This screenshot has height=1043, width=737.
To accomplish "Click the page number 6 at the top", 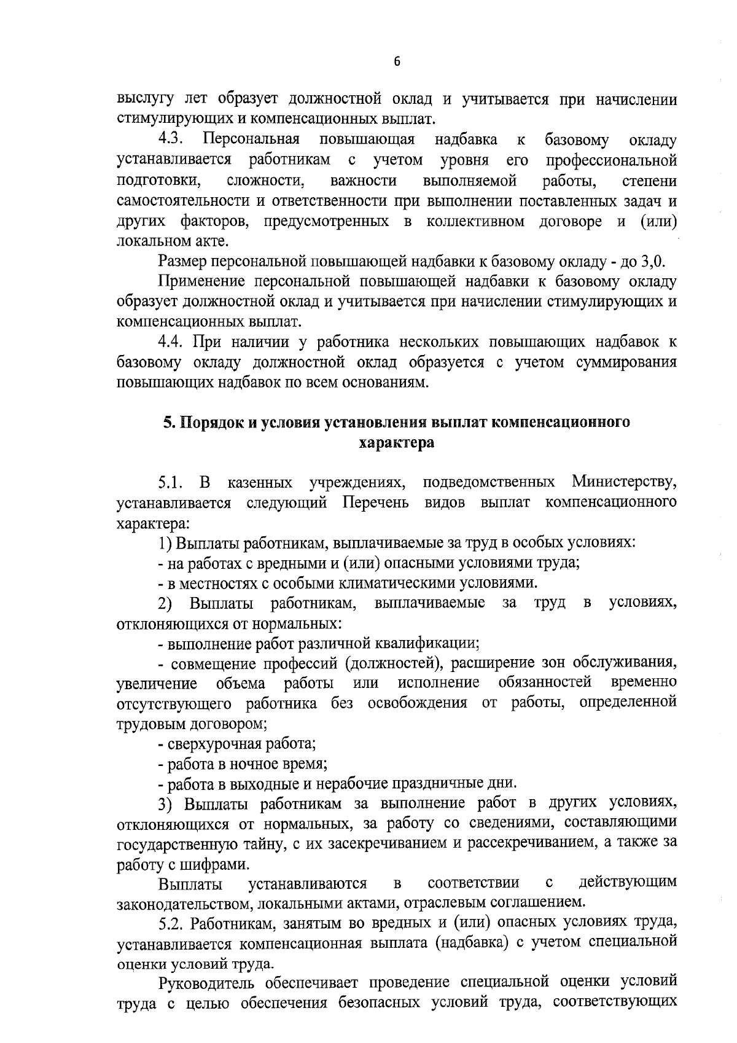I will pyautogui.click(x=397, y=61).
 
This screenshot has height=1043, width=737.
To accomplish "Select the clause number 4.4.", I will pyautogui.click(x=172, y=342).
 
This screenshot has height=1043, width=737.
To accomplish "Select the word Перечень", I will pyautogui.click(x=375, y=502).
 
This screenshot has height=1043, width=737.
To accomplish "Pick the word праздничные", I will pyautogui.click(x=436, y=784).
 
